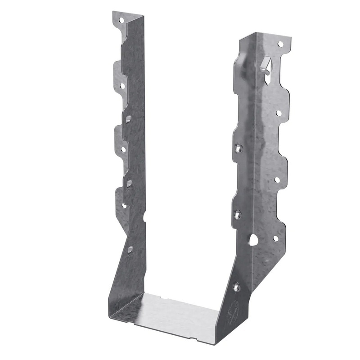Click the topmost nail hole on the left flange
pyautogui.click(x=121, y=20)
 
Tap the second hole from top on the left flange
pyautogui.click(x=121, y=85)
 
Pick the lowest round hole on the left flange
pyautogui.click(x=124, y=205)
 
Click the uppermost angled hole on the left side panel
pyautogui.click(x=129, y=119)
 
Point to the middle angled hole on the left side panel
pyautogui.click(x=129, y=183)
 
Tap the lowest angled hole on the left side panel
pyautogui.click(x=130, y=249)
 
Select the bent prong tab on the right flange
pyautogui.click(x=266, y=65)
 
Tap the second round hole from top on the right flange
pyautogui.click(x=279, y=113)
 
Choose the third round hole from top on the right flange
pyautogui.click(x=277, y=180)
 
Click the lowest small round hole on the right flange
pyautogui.click(x=276, y=238)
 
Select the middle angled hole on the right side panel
pyautogui.click(x=238, y=215)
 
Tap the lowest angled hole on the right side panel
pyautogui.click(x=237, y=286)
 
